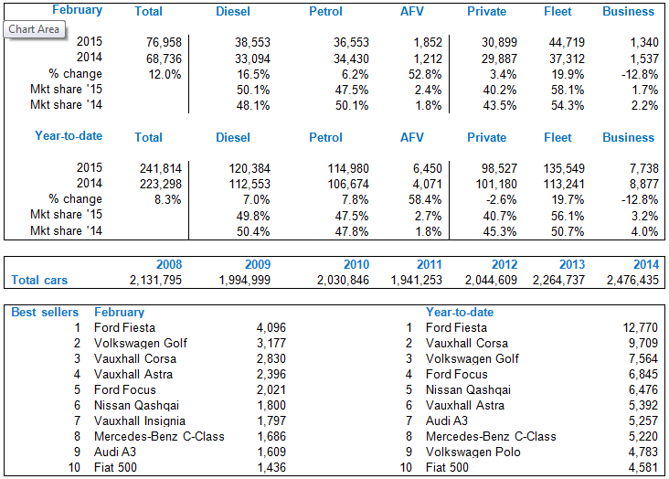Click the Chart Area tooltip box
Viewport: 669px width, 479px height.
coord(35,29)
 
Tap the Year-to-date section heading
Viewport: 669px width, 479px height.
coord(69,136)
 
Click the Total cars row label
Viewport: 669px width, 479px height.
coord(39,281)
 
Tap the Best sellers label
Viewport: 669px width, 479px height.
coord(45,313)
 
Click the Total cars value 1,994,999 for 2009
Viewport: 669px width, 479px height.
coord(245,281)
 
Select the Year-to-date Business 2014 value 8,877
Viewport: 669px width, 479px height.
coord(639,184)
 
